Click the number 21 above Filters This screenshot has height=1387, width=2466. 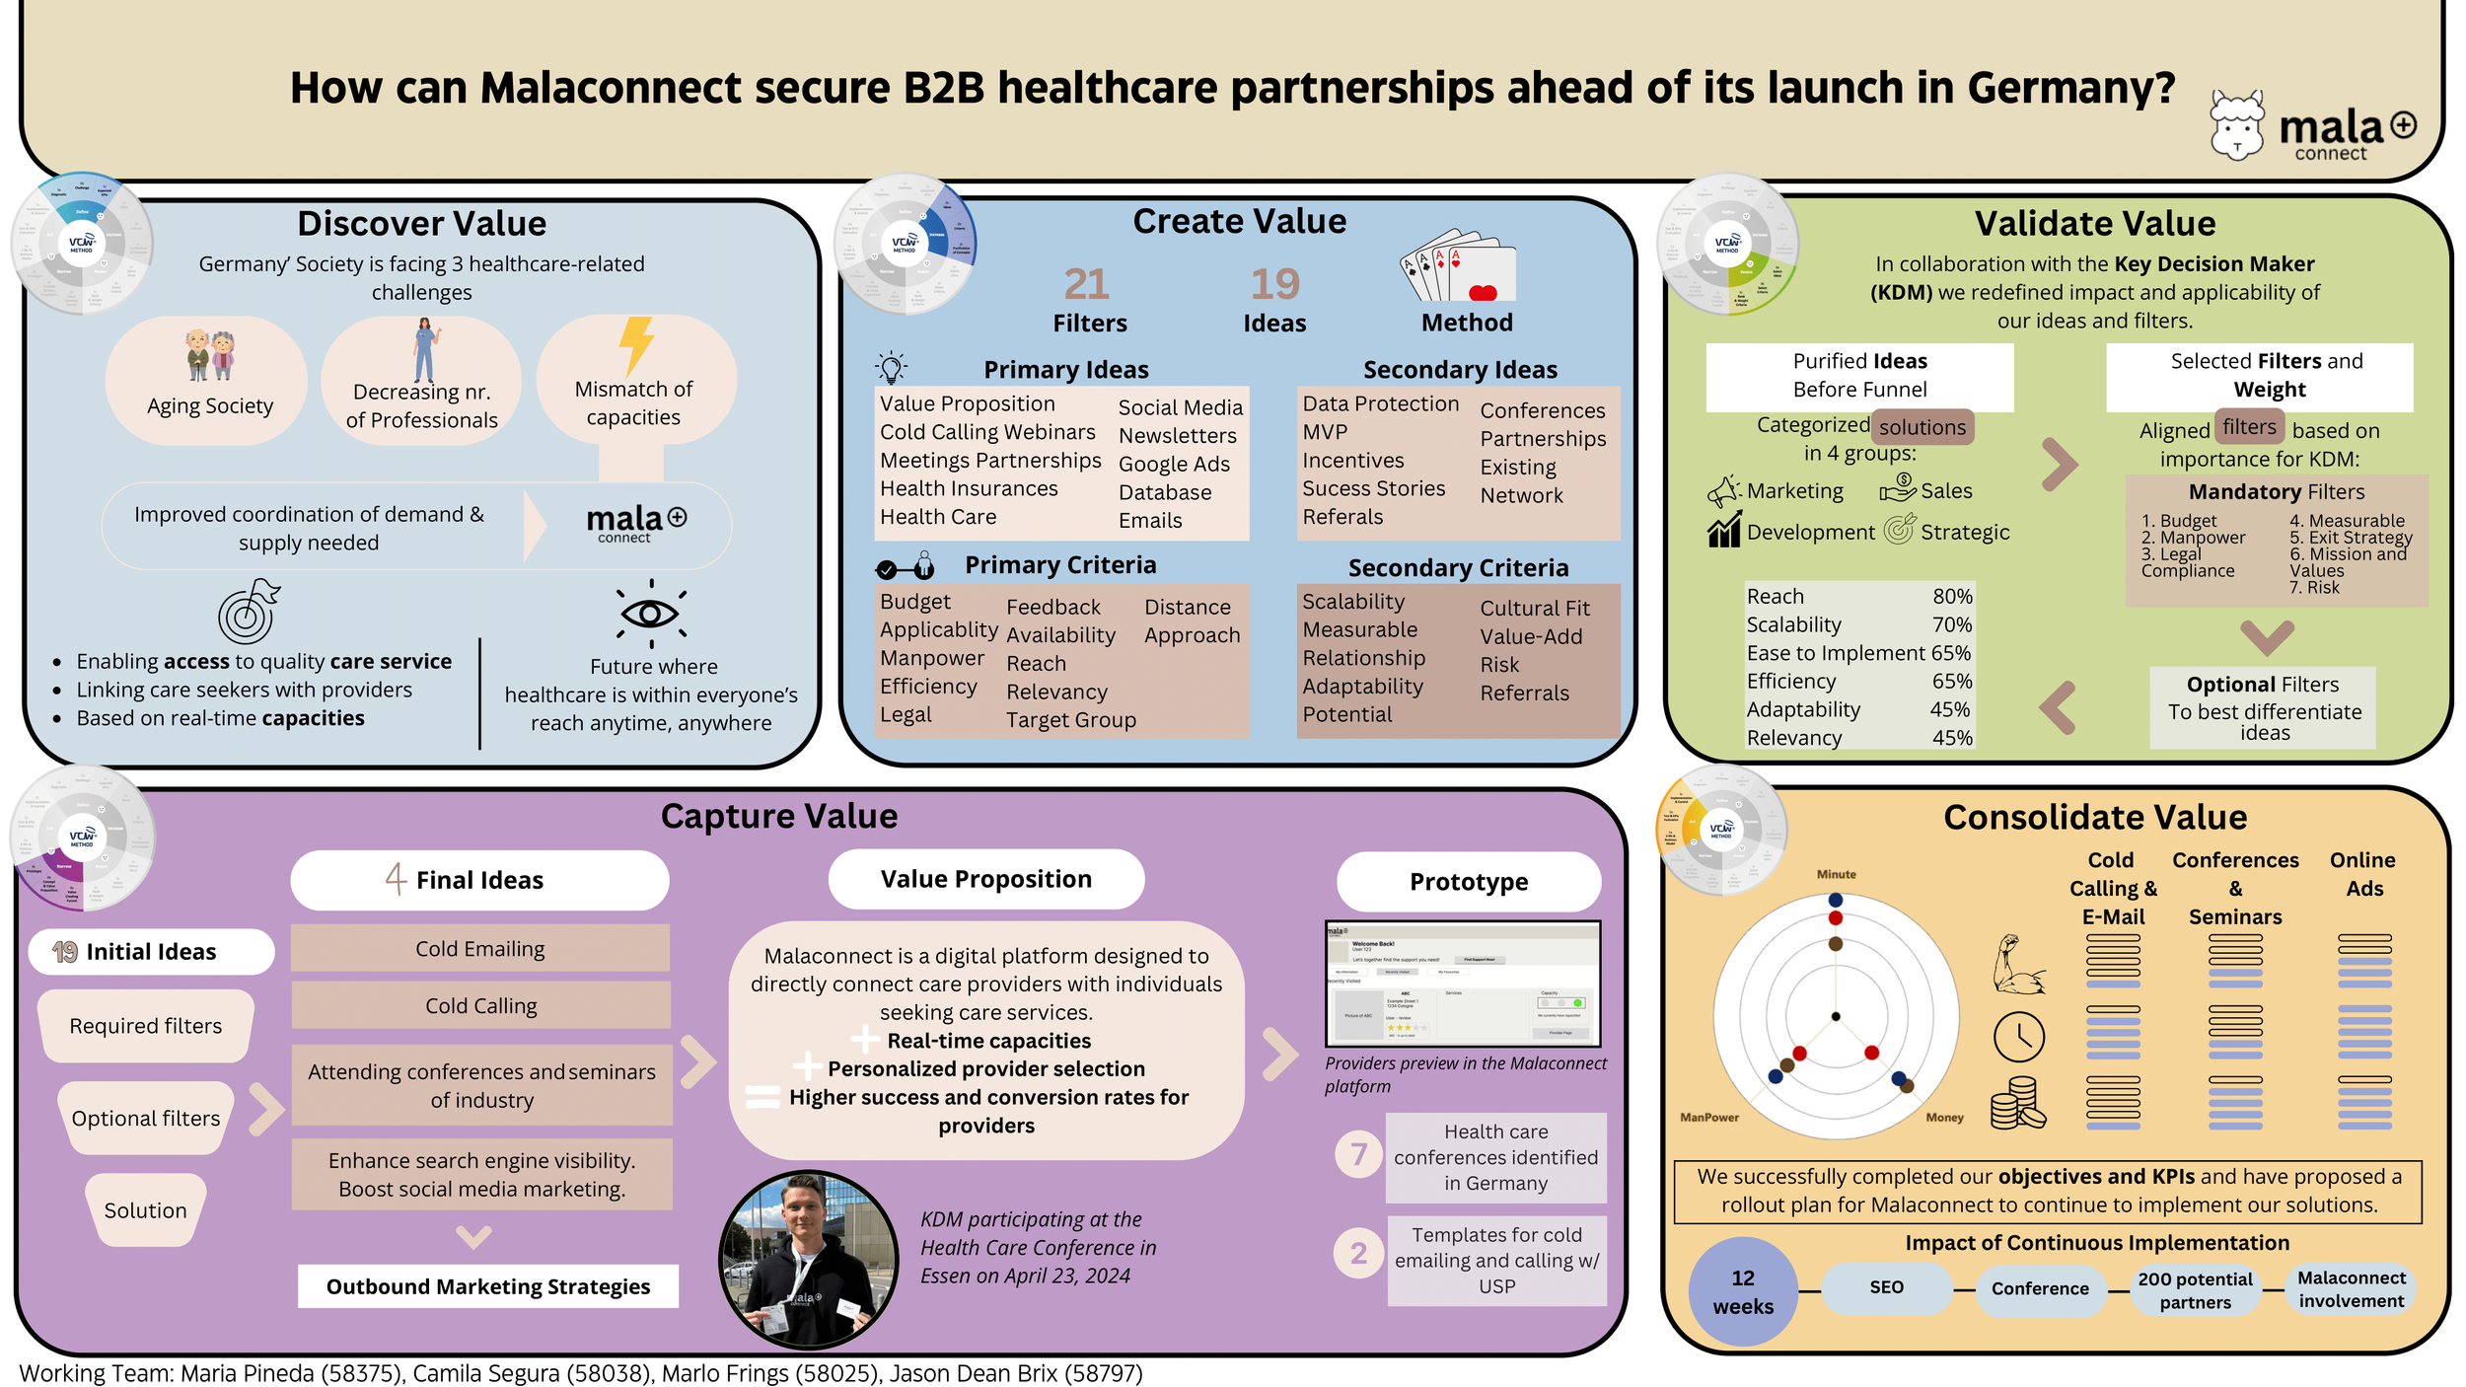pyautogui.click(x=1087, y=285)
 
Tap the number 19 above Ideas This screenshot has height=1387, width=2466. pyautogui.click(x=1274, y=285)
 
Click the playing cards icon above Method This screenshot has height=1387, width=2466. pyautogui.click(x=1457, y=266)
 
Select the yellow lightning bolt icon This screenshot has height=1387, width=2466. pyautogui.click(x=636, y=344)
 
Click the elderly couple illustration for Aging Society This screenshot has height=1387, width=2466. pyautogui.click(x=210, y=355)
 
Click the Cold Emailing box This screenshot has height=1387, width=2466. pyautogui.click(x=480, y=948)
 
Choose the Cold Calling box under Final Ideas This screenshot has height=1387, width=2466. pyautogui.click(x=480, y=1005)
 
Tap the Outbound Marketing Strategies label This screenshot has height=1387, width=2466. pyautogui.click(x=488, y=1286)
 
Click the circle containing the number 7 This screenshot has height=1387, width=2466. pyautogui.click(x=1358, y=1153)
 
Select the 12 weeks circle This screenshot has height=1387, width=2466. pyautogui.click(x=1742, y=1291)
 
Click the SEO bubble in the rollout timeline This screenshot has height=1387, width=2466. pyautogui.click(x=1886, y=1287)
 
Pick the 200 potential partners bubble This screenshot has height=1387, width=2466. pyautogui.click(x=2195, y=1290)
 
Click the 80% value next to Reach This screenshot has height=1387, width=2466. pyautogui.click(x=1952, y=597)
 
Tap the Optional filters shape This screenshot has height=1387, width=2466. pyautogui.click(x=146, y=1118)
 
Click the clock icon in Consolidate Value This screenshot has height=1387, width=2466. pyautogui.click(x=2018, y=1037)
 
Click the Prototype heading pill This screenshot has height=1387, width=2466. pyautogui.click(x=1468, y=881)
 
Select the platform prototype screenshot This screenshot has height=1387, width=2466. pyautogui.click(x=1463, y=984)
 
